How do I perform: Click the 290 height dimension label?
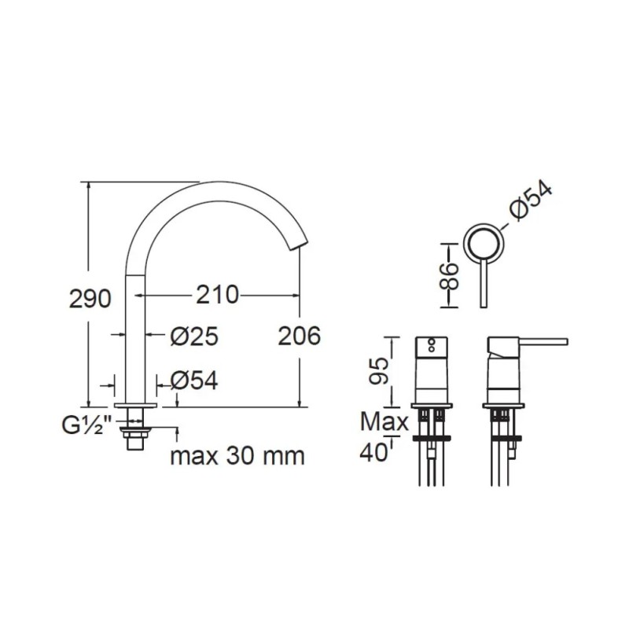click(x=90, y=299)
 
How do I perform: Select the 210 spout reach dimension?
click(x=217, y=295)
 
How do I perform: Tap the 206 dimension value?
click(x=300, y=336)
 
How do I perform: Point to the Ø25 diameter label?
click(x=194, y=337)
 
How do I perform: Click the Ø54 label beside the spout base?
click(x=194, y=381)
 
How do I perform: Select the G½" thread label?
click(x=86, y=426)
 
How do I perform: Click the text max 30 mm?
click(x=237, y=456)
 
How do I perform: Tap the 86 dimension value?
click(x=448, y=277)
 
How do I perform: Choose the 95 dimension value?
click(x=379, y=371)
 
